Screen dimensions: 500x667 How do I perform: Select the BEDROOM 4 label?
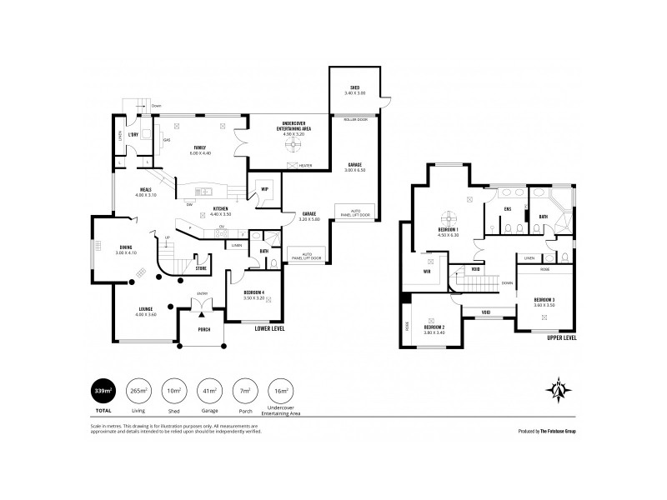[x=254, y=292]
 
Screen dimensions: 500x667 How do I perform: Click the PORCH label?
[x=203, y=329]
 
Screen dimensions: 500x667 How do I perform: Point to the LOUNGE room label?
[x=147, y=309]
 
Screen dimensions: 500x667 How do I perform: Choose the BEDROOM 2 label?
[x=434, y=327]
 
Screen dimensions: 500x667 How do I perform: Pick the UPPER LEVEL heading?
[x=560, y=339]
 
